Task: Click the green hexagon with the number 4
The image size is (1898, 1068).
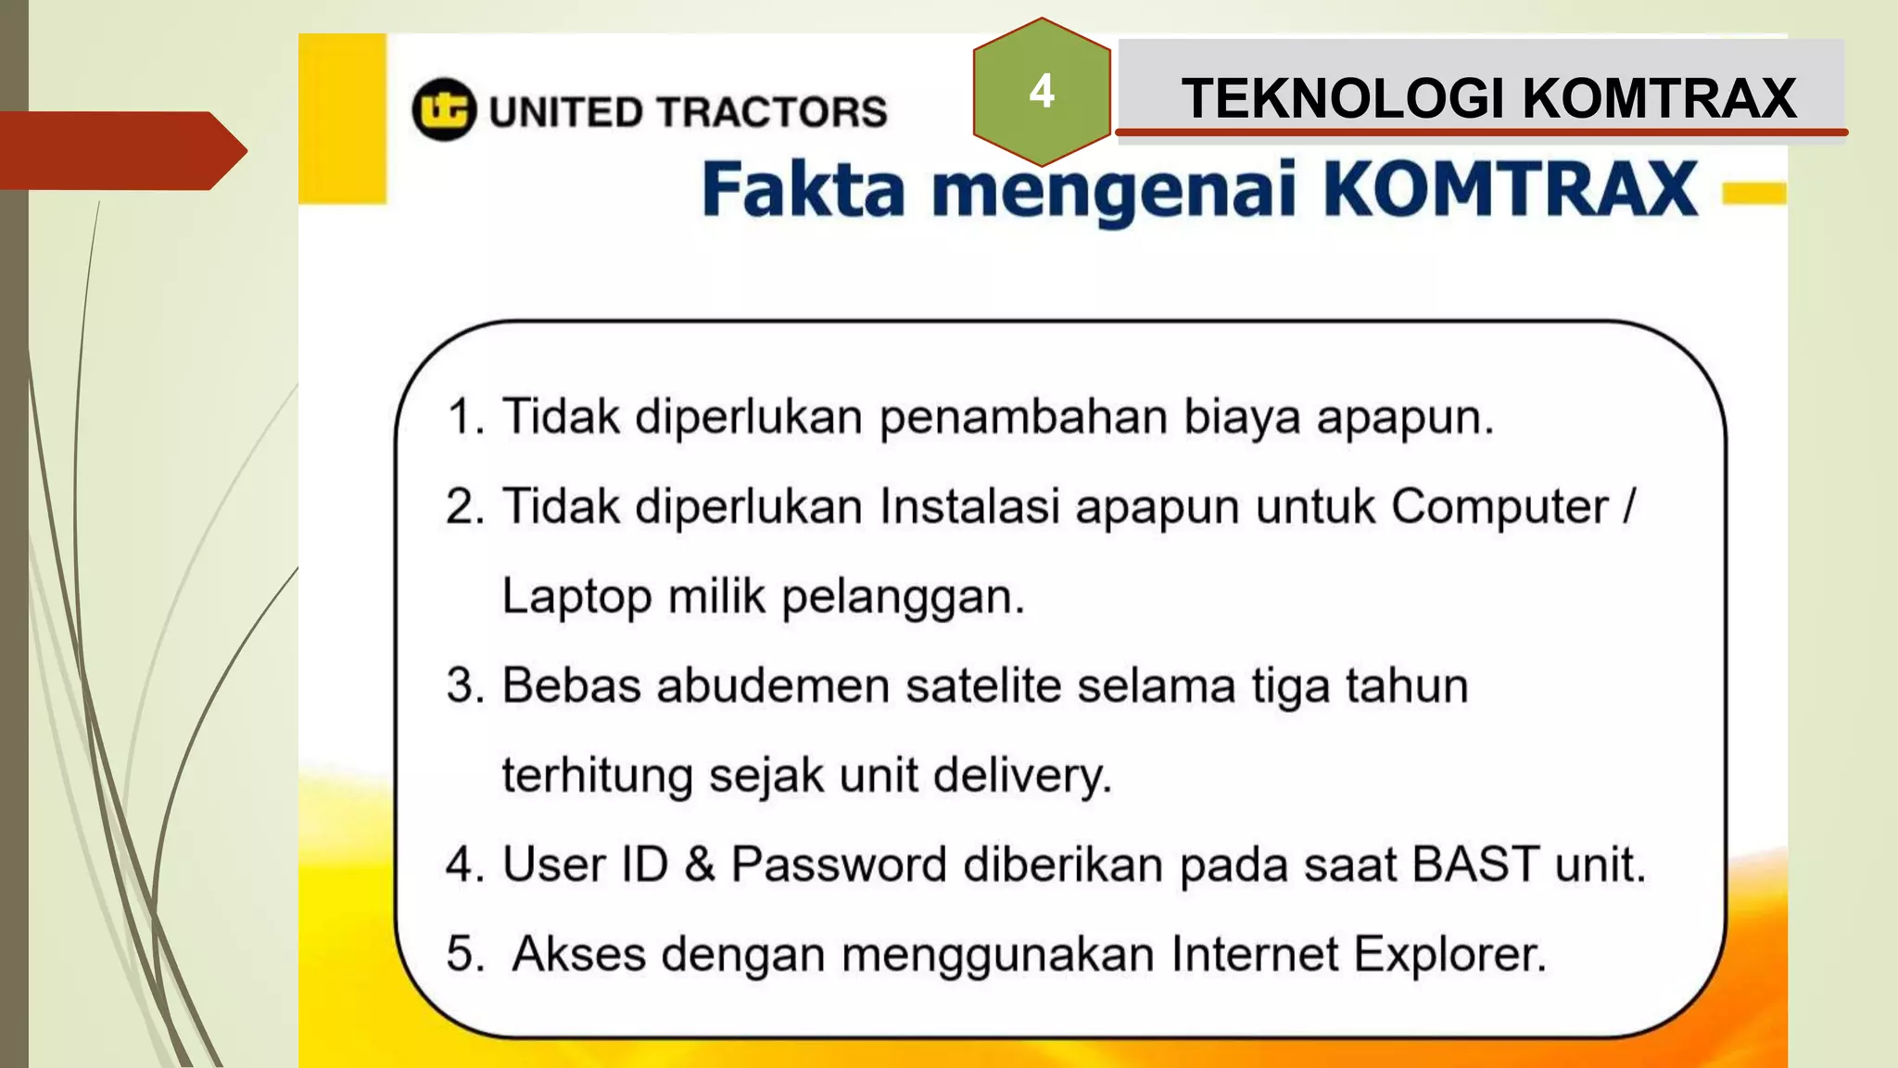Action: (1042, 92)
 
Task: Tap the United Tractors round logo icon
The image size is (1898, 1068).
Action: (444, 109)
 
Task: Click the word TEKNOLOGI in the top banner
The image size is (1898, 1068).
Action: (1343, 98)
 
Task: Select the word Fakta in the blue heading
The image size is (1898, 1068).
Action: (803, 189)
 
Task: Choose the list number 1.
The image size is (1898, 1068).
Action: (464, 416)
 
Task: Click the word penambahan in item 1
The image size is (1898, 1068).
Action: (1023, 416)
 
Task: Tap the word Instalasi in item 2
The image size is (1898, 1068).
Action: (969, 506)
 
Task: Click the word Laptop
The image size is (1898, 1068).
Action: (576, 596)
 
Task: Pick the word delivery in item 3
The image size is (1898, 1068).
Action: (1021, 776)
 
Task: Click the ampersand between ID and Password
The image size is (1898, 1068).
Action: (700, 865)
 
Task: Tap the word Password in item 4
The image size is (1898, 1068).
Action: (839, 865)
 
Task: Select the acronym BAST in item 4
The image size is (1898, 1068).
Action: (1475, 865)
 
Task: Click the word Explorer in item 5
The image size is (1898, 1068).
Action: (1449, 954)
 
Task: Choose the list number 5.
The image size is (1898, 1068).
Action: (464, 954)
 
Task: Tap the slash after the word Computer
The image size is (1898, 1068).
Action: (1629, 506)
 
